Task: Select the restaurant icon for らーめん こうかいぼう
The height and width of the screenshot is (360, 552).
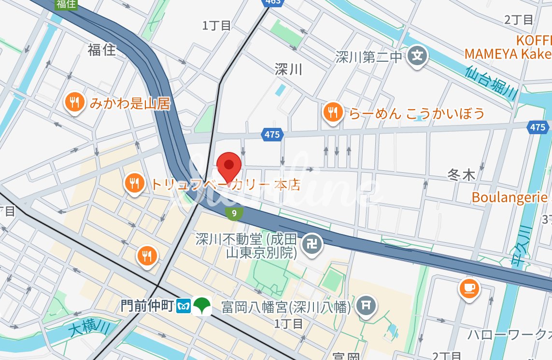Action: pyautogui.click(x=333, y=112)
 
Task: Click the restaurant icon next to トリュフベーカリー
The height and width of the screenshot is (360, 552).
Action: pyautogui.click(x=134, y=183)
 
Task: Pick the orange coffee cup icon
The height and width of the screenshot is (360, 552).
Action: pyautogui.click(x=468, y=289)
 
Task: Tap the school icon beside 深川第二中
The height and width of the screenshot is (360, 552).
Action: pyautogui.click(x=416, y=56)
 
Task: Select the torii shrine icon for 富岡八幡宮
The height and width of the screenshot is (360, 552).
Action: pyautogui.click(x=366, y=305)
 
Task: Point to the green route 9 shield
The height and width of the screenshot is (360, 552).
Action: pyautogui.click(x=234, y=213)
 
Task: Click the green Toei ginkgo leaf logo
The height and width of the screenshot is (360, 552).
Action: pyautogui.click(x=202, y=305)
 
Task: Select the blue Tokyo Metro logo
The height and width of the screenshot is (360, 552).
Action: pyautogui.click(x=184, y=306)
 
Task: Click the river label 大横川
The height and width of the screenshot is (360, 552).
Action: pyautogui.click(x=89, y=332)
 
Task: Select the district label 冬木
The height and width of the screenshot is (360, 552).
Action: pyautogui.click(x=461, y=175)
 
